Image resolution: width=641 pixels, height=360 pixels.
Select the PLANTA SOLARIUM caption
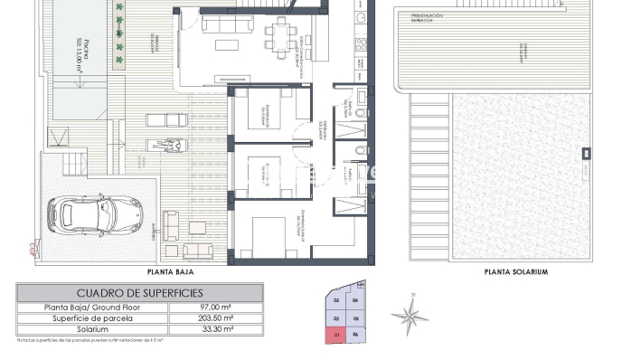[x=516, y=271]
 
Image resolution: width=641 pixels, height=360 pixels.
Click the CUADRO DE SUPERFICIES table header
[x=139, y=293]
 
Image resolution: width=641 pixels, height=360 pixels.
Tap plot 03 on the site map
[x=336, y=300]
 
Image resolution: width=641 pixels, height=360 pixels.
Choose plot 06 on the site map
[x=357, y=335]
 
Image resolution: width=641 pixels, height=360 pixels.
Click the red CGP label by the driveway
[x=33, y=246]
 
